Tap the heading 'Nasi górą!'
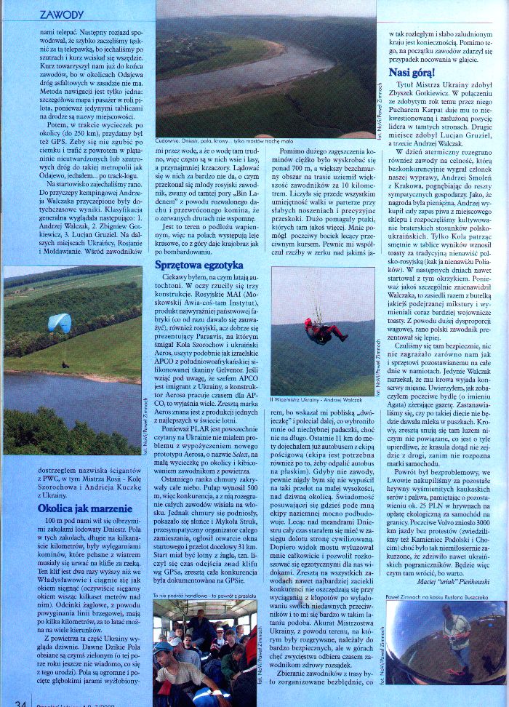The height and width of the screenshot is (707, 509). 412,73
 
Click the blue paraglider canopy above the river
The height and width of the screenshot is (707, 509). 60,322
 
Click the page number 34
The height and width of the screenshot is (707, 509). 20,703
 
